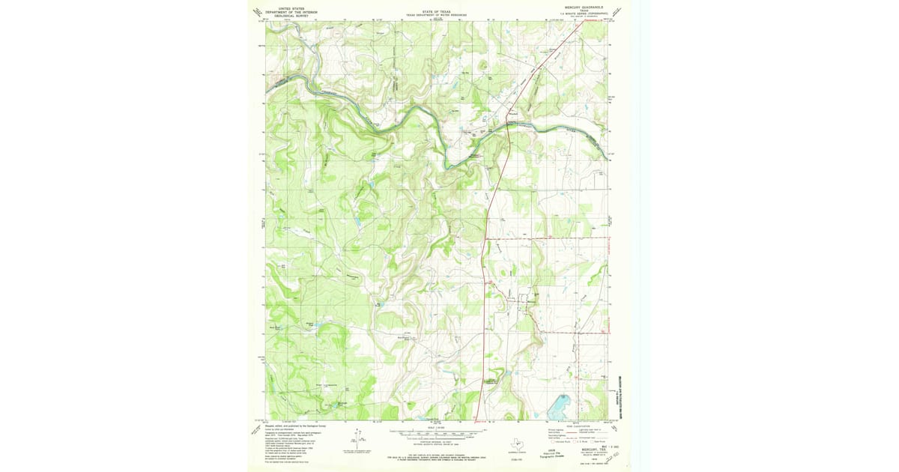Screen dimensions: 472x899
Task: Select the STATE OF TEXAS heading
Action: (x=436, y=11)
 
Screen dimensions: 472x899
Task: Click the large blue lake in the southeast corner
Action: (x=559, y=408)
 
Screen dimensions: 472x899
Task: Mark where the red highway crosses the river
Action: (x=508, y=125)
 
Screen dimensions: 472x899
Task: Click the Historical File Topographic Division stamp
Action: (x=553, y=453)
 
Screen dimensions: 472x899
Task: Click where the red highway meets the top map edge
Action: (x=583, y=20)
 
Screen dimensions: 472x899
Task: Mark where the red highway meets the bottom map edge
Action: (x=478, y=420)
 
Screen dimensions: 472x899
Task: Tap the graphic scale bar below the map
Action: (x=436, y=433)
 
